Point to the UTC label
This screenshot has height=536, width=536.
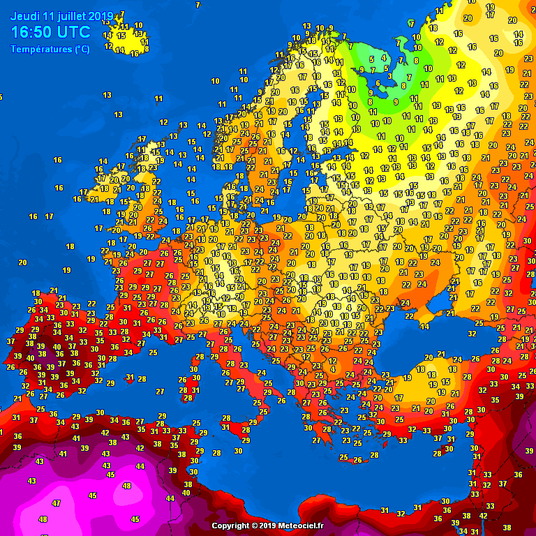click(x=73, y=32)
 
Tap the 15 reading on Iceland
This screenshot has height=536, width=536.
click(x=121, y=35)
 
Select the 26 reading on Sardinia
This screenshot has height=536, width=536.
click(x=182, y=380)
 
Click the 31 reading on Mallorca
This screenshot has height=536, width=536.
click(x=129, y=377)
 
